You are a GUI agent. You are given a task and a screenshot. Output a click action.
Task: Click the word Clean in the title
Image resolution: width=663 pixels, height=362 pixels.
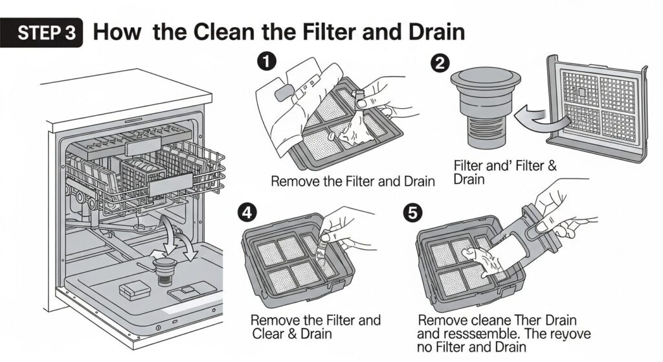[236, 32]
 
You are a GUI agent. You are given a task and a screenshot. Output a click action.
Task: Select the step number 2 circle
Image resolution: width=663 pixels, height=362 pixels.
[440, 63]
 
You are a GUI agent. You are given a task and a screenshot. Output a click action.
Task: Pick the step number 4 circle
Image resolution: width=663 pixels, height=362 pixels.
[246, 210]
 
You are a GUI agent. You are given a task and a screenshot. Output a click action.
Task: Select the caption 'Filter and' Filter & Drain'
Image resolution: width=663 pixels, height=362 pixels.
[504, 171]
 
